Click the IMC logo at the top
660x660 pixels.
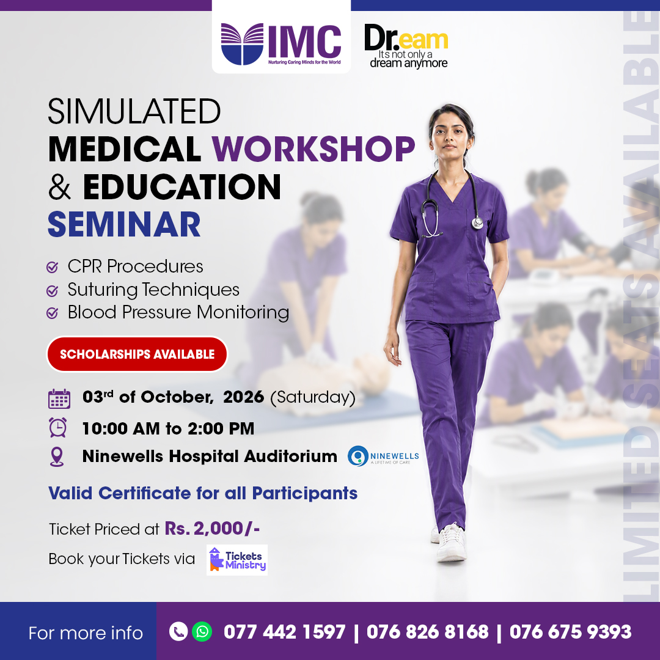coord(280,44)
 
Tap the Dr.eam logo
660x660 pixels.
coord(406,46)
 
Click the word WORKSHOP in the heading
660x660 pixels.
coord(313,149)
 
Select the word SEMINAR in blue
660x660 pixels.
coord(124,224)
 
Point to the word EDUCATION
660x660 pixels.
coord(182,186)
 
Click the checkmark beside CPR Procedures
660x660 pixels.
coord(52,267)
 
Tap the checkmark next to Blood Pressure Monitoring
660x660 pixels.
coord(52,313)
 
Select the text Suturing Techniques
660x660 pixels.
coord(153,290)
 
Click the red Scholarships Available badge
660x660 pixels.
coord(137,354)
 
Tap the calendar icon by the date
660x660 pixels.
coord(59,398)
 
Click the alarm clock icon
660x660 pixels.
coord(57,428)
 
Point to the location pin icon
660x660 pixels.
coord(57,457)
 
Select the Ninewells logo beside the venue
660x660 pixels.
coord(383,457)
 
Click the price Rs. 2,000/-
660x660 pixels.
coord(212,528)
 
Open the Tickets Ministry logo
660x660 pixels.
coord(237,560)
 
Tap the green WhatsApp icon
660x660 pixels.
coord(202,632)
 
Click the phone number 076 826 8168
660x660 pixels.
coord(427,632)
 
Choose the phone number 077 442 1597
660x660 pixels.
coord(285,632)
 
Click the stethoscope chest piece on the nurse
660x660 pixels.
coord(477,222)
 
